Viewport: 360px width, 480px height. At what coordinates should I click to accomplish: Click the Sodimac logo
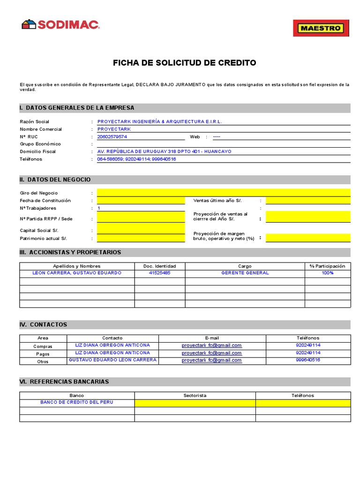(60, 24)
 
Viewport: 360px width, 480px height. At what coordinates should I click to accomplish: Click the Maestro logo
(321, 28)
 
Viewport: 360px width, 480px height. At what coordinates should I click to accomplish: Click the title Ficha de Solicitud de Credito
(185, 63)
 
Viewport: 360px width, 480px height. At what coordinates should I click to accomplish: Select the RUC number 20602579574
(112, 137)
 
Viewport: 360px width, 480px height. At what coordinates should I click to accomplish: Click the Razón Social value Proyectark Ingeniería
(159, 121)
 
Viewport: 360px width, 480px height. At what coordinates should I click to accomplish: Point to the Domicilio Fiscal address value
(164, 151)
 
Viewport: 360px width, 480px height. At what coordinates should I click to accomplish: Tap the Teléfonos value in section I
(136, 159)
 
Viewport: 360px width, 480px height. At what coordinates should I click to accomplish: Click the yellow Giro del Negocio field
(223, 193)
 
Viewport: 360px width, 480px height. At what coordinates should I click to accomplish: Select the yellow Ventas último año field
(307, 201)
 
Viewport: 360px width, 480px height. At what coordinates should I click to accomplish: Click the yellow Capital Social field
(141, 230)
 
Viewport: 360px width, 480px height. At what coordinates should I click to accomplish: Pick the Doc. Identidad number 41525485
(159, 273)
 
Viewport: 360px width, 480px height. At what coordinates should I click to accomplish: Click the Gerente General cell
(245, 273)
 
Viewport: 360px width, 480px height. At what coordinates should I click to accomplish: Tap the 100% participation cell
(327, 273)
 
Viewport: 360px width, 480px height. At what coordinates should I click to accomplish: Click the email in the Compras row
(212, 345)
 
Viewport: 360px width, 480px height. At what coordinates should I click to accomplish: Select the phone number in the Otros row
(308, 360)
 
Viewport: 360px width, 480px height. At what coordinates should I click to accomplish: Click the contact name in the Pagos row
(112, 352)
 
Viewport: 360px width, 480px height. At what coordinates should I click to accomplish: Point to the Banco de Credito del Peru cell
(77, 403)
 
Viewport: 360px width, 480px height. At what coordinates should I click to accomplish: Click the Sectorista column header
(195, 396)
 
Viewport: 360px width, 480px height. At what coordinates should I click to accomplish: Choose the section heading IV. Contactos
(44, 324)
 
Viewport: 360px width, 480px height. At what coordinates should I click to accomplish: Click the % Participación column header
(327, 266)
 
